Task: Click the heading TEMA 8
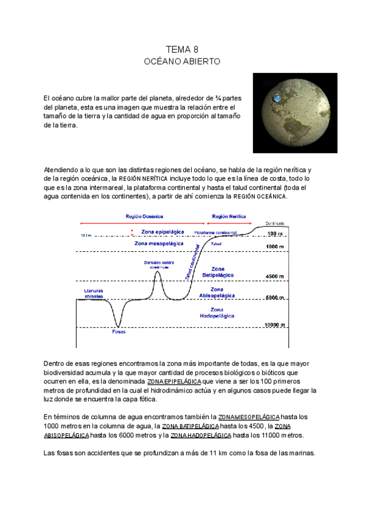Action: (x=182, y=49)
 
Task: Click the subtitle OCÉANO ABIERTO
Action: (x=182, y=61)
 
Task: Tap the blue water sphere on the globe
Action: (x=277, y=97)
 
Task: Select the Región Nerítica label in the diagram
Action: (x=229, y=217)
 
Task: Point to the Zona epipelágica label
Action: (x=162, y=232)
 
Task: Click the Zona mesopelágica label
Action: (x=159, y=243)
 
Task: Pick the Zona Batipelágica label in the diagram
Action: (x=218, y=271)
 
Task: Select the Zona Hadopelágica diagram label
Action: (x=217, y=313)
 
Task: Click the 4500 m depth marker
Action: (x=275, y=277)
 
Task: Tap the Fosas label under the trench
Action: (x=119, y=332)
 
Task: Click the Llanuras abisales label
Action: (x=94, y=294)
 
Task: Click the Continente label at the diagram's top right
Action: (x=274, y=223)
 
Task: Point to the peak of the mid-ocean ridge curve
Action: (x=158, y=272)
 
